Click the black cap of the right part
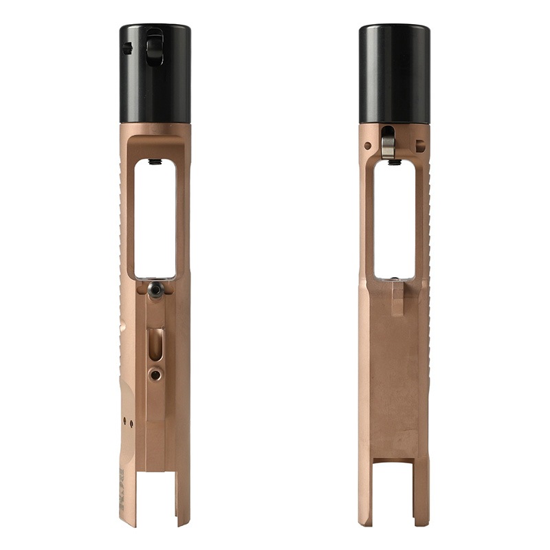pos(394,74)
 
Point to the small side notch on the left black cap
pos(126,48)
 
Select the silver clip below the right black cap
pos(388,142)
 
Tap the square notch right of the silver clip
pos(419,145)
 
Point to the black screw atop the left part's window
pos(155,162)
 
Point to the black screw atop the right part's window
pos(394,162)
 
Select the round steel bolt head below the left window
pos(155,291)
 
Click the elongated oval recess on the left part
pos(156,342)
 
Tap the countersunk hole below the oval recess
pos(156,375)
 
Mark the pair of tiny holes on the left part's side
pos(128,419)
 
